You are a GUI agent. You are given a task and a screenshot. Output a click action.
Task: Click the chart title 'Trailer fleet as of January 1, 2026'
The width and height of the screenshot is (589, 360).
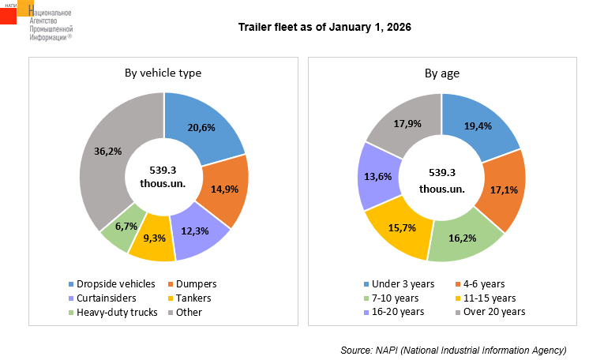point(325,28)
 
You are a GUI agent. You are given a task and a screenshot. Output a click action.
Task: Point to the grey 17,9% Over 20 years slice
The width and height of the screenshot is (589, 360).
point(408,125)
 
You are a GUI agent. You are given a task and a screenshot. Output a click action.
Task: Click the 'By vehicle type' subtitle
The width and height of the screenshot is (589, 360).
point(163,73)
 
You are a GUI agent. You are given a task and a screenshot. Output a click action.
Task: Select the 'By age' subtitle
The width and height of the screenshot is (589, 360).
point(442,73)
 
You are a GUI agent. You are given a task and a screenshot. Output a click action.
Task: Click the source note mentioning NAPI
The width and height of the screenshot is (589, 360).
point(453,349)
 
